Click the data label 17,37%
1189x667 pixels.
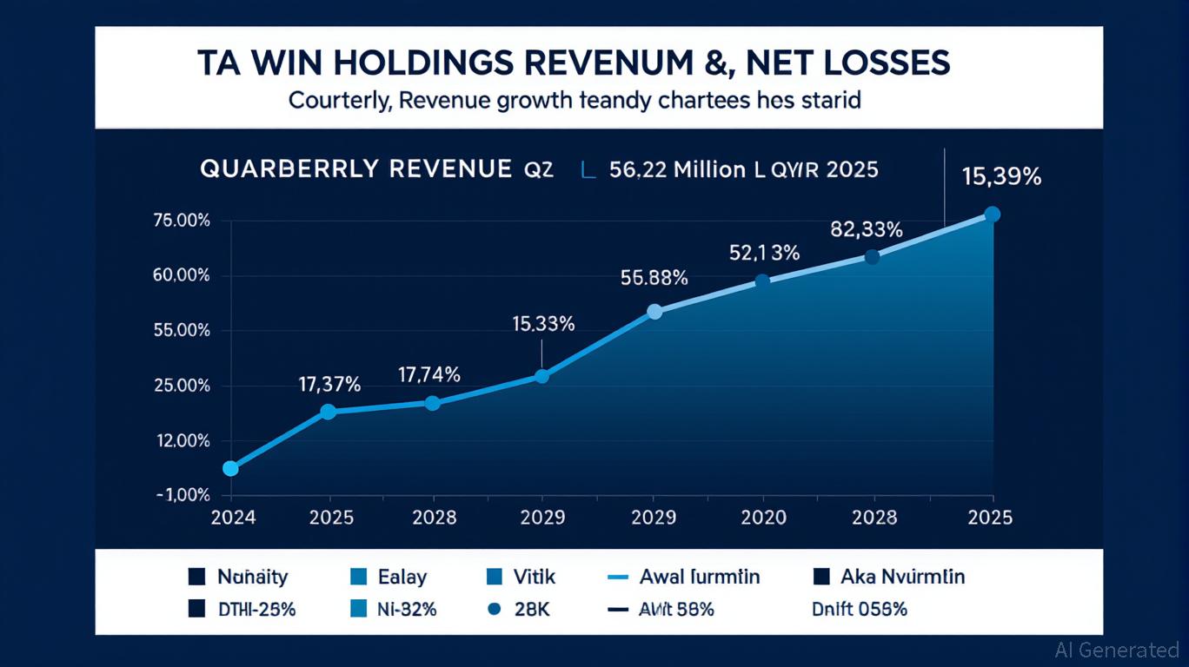(329, 383)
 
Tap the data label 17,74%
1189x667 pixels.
(429, 375)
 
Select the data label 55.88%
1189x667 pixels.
(654, 278)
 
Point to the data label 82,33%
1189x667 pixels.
(867, 229)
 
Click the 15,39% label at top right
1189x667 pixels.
(1001, 176)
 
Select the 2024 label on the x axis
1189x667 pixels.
(234, 518)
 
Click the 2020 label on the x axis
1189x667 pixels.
(763, 518)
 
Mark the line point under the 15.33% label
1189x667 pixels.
(541, 376)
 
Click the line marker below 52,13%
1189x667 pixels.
(762, 281)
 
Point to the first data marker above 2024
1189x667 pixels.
(230, 469)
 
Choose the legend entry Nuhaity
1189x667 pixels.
(252, 577)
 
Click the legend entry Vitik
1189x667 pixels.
(534, 577)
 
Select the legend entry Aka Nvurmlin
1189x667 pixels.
(902, 577)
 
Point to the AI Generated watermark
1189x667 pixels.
(1117, 650)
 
